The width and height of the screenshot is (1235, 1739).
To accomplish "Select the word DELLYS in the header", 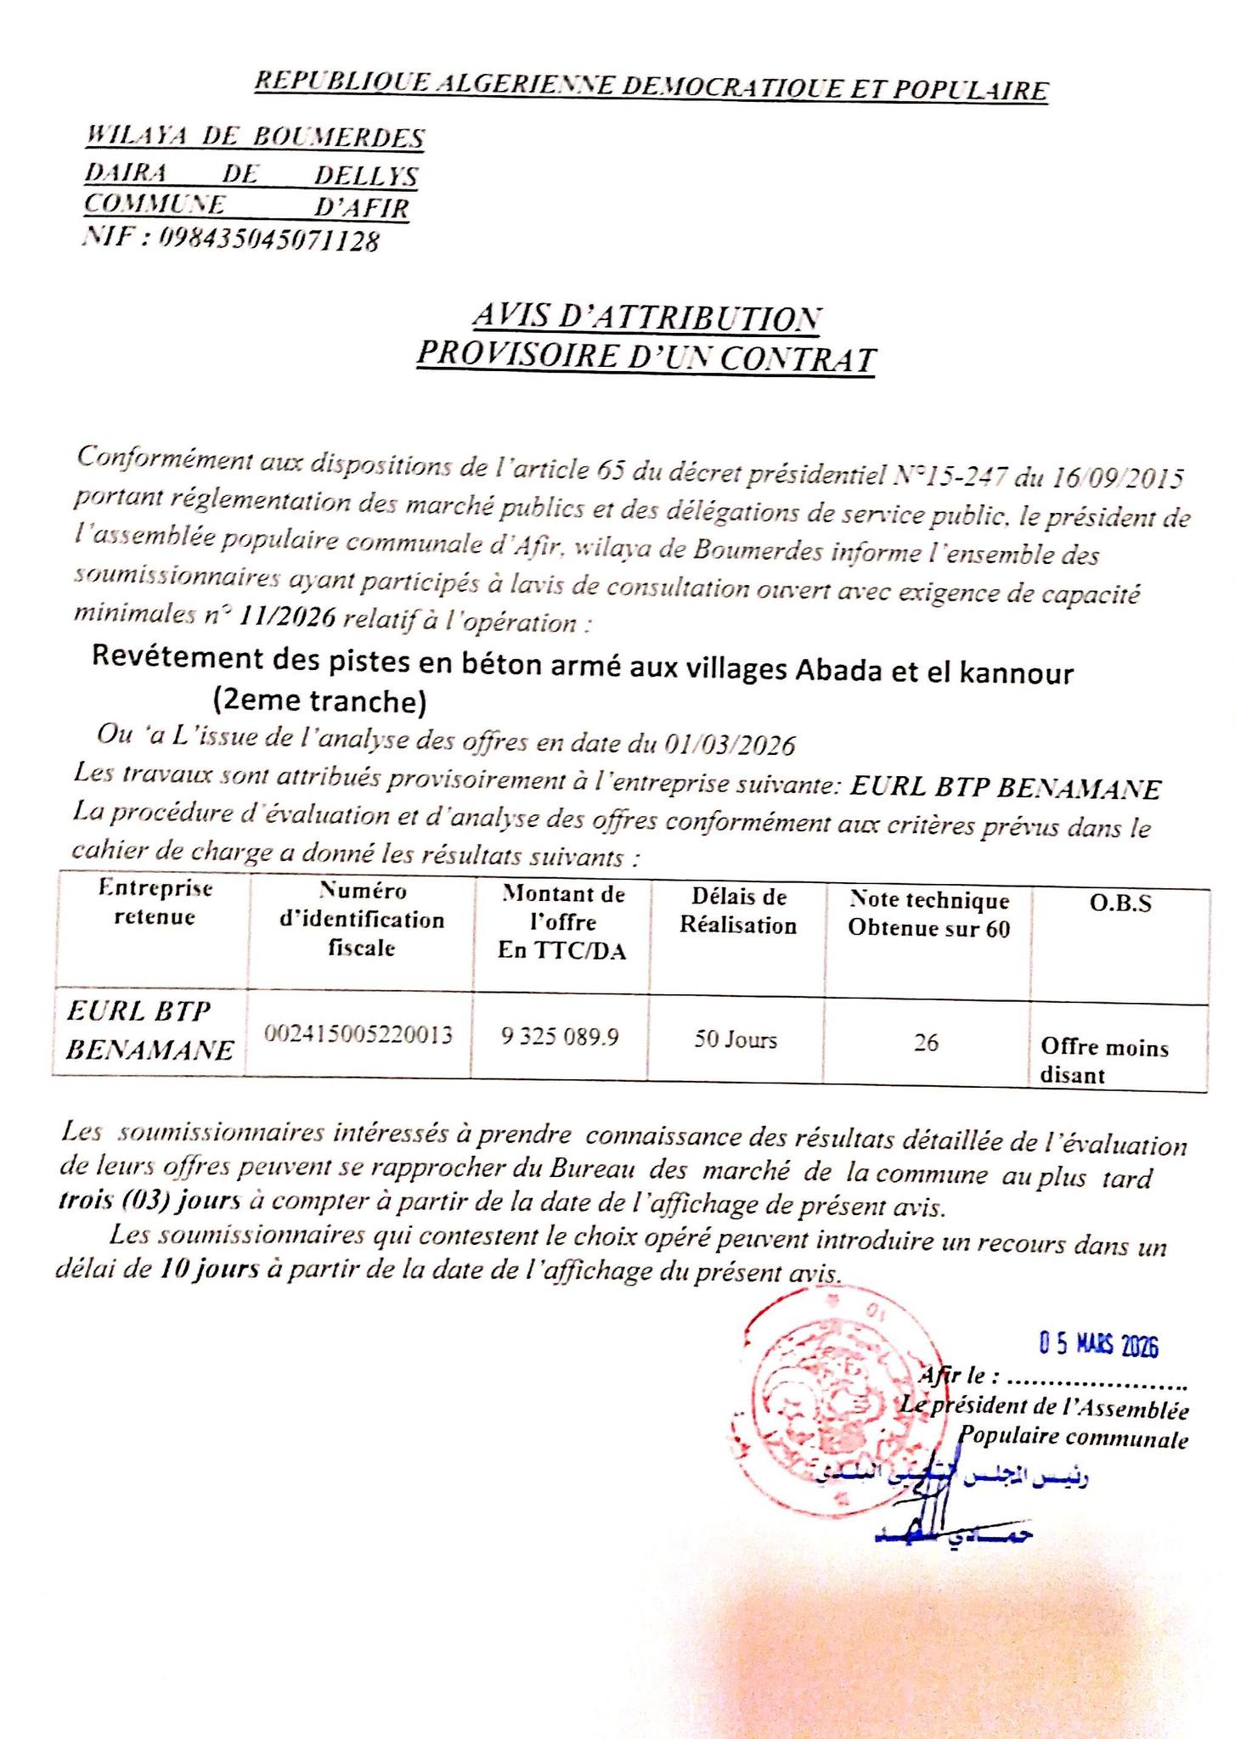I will tap(366, 176).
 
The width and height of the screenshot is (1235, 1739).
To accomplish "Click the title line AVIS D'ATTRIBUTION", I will tap(646, 318).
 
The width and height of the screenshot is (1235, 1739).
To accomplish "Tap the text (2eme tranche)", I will tap(319, 701).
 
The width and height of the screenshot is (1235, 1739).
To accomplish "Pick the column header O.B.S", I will tap(1120, 903).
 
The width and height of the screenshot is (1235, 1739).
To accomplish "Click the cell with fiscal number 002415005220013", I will tap(358, 1035).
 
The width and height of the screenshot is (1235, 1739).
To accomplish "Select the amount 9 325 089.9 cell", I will tap(561, 1036).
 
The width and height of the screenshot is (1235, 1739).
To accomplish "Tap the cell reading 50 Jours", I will tap(736, 1039).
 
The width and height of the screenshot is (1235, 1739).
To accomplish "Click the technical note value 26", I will tap(926, 1042).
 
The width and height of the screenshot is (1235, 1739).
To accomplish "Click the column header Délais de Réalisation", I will tap(737, 911).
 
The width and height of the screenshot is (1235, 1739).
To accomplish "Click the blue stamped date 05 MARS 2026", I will tap(1099, 1345).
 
